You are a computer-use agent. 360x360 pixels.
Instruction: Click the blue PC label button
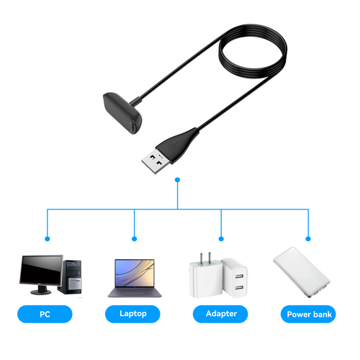45,314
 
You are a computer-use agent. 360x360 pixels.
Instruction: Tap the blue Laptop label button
132,314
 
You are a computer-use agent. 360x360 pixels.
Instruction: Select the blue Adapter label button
220,314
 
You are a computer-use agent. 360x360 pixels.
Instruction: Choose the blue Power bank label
308,314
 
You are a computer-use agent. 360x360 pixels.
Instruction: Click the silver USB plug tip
153,161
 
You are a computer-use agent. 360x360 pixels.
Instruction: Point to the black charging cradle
122,112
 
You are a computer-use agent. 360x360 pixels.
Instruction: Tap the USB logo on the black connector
174,145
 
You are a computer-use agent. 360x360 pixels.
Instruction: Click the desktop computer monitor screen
41,270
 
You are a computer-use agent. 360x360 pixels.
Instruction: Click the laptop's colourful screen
135,273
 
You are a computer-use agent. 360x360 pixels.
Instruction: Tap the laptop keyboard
135,292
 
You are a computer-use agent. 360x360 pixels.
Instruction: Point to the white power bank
302,272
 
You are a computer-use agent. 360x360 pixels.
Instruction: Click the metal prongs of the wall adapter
205,258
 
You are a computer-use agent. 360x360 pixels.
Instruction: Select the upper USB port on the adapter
239,276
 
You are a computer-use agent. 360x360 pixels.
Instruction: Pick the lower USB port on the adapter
239,287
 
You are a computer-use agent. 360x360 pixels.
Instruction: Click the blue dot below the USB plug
177,180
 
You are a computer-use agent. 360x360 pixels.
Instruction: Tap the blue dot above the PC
48,239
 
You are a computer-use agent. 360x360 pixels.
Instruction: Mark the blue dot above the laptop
135,239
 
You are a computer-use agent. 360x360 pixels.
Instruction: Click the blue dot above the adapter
221,239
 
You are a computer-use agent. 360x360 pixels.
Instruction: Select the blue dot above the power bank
308,239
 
